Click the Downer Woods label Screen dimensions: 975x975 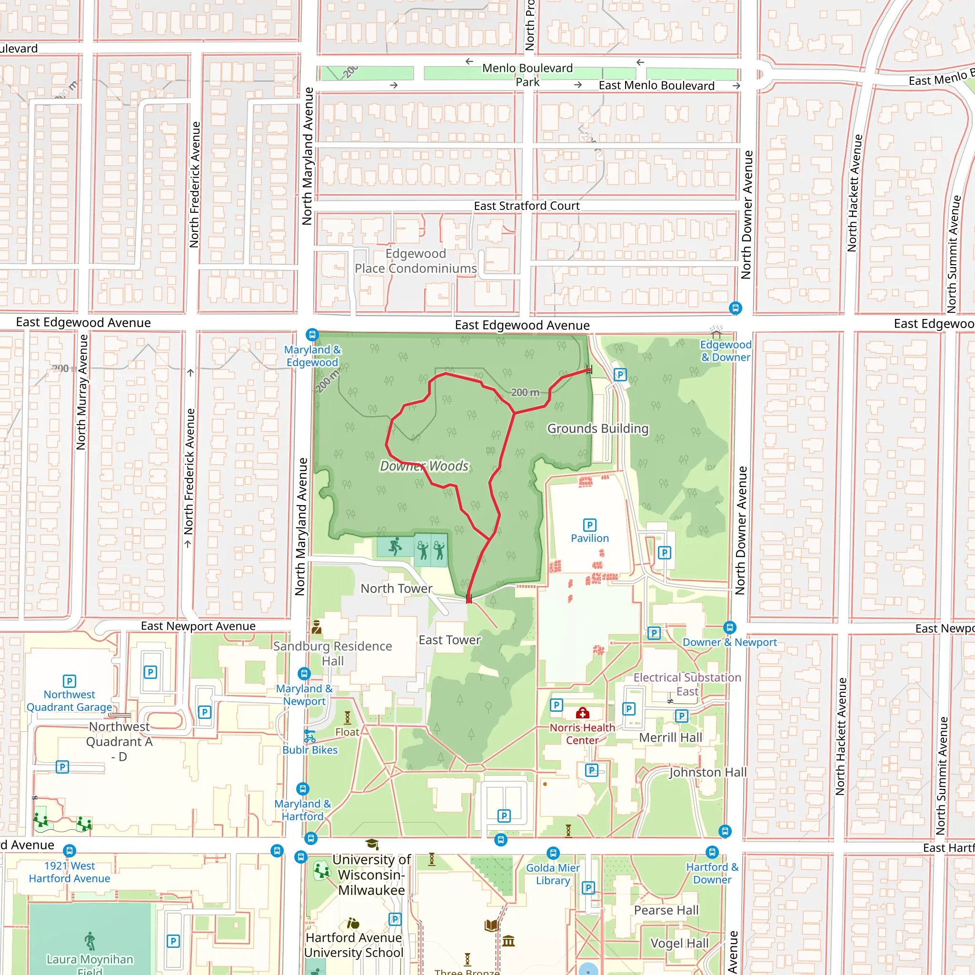click(x=424, y=466)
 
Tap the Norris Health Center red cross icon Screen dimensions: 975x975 click(x=582, y=713)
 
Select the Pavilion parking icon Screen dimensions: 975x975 click(x=589, y=525)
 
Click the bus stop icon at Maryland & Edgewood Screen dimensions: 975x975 click(x=312, y=335)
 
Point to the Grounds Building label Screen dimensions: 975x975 click(x=597, y=428)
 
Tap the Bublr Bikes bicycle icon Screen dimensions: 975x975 click(x=310, y=737)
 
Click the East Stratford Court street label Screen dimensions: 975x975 click(x=527, y=206)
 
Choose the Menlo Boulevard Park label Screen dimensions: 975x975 click(x=527, y=75)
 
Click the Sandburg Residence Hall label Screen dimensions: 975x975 click(x=333, y=653)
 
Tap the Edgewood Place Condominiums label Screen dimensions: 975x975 click(x=415, y=261)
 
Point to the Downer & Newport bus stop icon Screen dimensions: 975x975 click(x=729, y=627)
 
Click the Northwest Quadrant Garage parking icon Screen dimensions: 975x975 click(x=70, y=681)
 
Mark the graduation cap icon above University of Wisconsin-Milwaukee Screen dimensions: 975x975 click(x=372, y=844)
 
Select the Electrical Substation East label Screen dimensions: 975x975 click(x=687, y=684)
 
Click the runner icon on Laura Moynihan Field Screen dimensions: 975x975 click(x=90, y=941)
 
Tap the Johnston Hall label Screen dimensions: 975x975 click(x=707, y=772)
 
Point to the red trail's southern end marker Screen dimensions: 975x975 click(x=469, y=599)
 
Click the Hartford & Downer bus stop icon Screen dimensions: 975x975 click(x=712, y=852)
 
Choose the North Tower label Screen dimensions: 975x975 click(x=396, y=588)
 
